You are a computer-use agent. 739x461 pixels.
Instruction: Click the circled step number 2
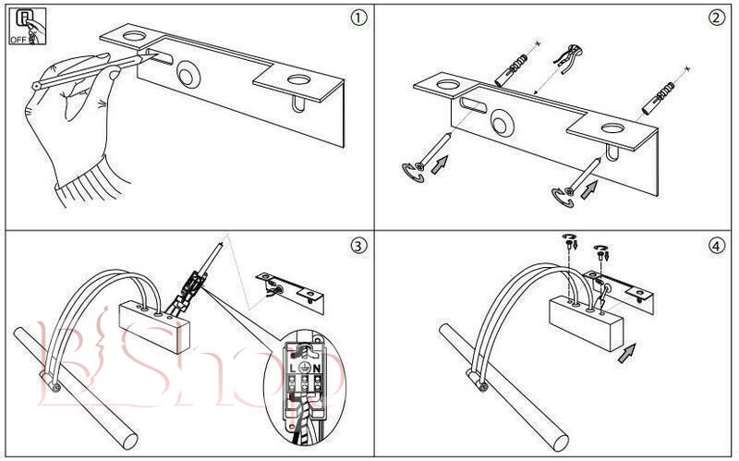click(x=715, y=18)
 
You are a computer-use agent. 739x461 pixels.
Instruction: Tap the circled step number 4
click(x=715, y=246)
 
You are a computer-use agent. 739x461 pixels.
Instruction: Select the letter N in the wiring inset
click(x=317, y=368)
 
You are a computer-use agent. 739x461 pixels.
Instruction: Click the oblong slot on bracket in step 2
click(x=473, y=103)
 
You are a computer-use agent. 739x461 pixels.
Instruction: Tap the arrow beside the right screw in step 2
click(x=588, y=188)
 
